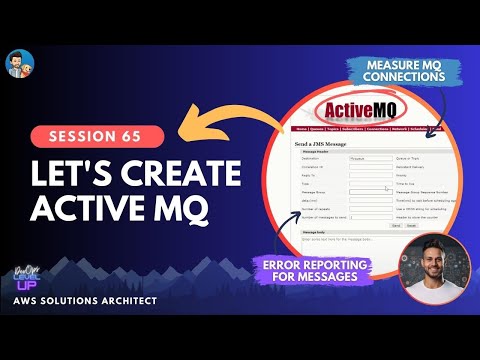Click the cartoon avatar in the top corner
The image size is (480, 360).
pos(19,66)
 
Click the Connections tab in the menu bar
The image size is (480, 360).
pos(376,129)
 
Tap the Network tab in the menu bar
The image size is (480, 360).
pos(402,129)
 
